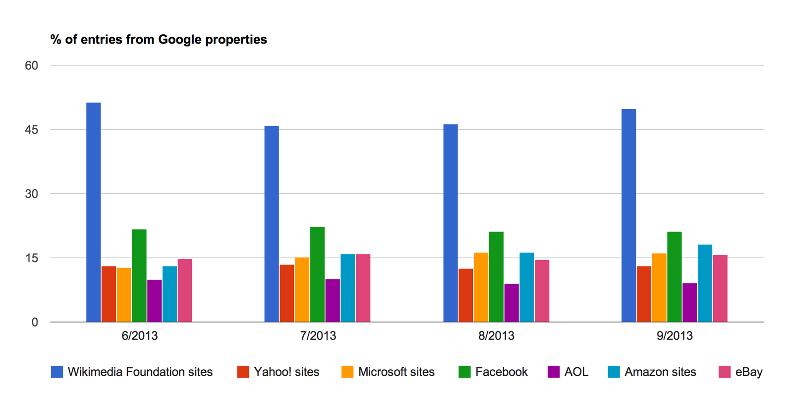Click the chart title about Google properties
pos(159,40)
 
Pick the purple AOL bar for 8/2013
pos(511,303)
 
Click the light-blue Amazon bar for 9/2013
pos(705,283)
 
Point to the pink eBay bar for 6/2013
pos(185,290)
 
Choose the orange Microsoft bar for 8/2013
pos(481,287)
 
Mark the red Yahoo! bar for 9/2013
pos(644,294)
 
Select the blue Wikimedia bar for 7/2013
pos(272,224)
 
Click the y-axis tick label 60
pos(31,65)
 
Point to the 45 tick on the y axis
pos(31,130)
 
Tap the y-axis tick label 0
pos(35,322)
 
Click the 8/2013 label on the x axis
pos(496,336)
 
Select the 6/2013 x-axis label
pos(140,336)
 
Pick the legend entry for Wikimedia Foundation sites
pos(140,372)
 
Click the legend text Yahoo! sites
pos(286,372)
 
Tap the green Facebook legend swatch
pos(464,372)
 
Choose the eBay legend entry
pos(748,372)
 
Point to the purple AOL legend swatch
pos(554,372)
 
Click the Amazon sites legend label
pos(660,372)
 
